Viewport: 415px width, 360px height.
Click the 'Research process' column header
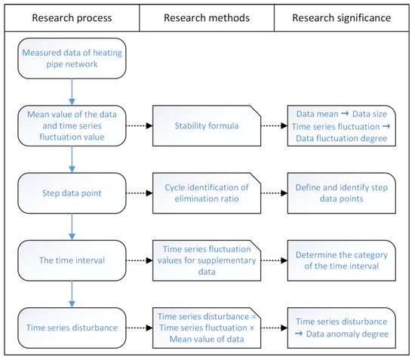click(x=72, y=16)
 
